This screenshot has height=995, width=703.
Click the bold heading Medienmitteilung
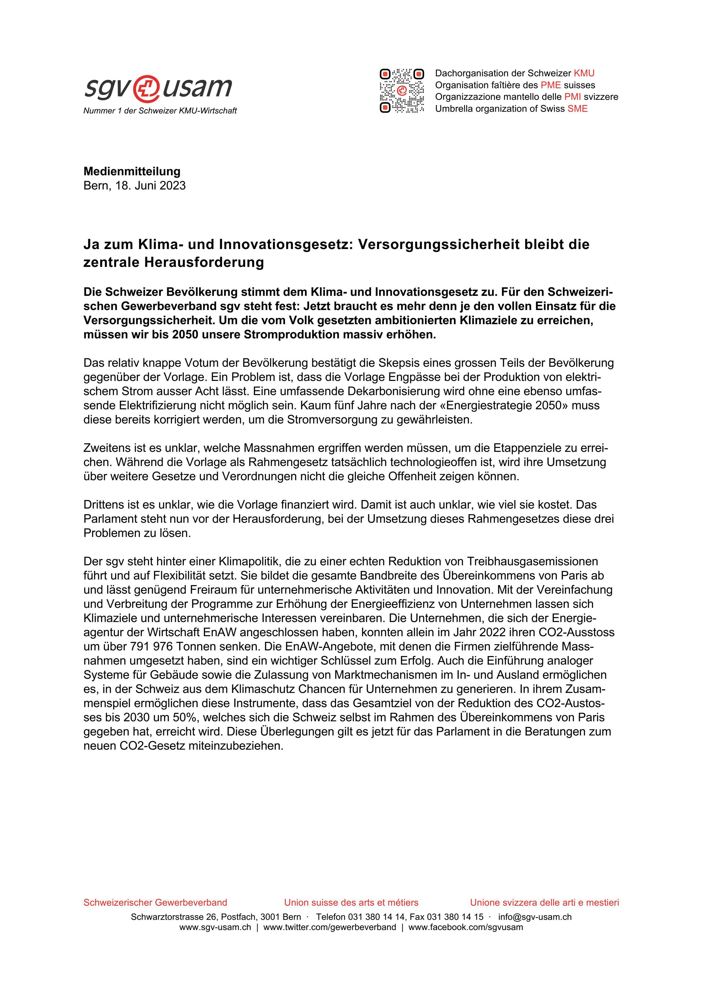click(x=132, y=171)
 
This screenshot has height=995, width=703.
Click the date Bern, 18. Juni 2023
click(x=134, y=185)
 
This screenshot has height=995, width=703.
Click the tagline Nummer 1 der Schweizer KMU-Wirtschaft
click(x=160, y=111)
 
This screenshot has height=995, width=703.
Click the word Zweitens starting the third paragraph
click(x=107, y=448)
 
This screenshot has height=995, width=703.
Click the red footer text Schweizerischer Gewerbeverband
click(x=155, y=902)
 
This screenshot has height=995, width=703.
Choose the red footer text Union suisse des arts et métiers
click(x=351, y=902)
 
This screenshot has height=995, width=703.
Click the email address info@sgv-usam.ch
click(x=535, y=916)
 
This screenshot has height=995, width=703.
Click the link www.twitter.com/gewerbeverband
click(x=329, y=927)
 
